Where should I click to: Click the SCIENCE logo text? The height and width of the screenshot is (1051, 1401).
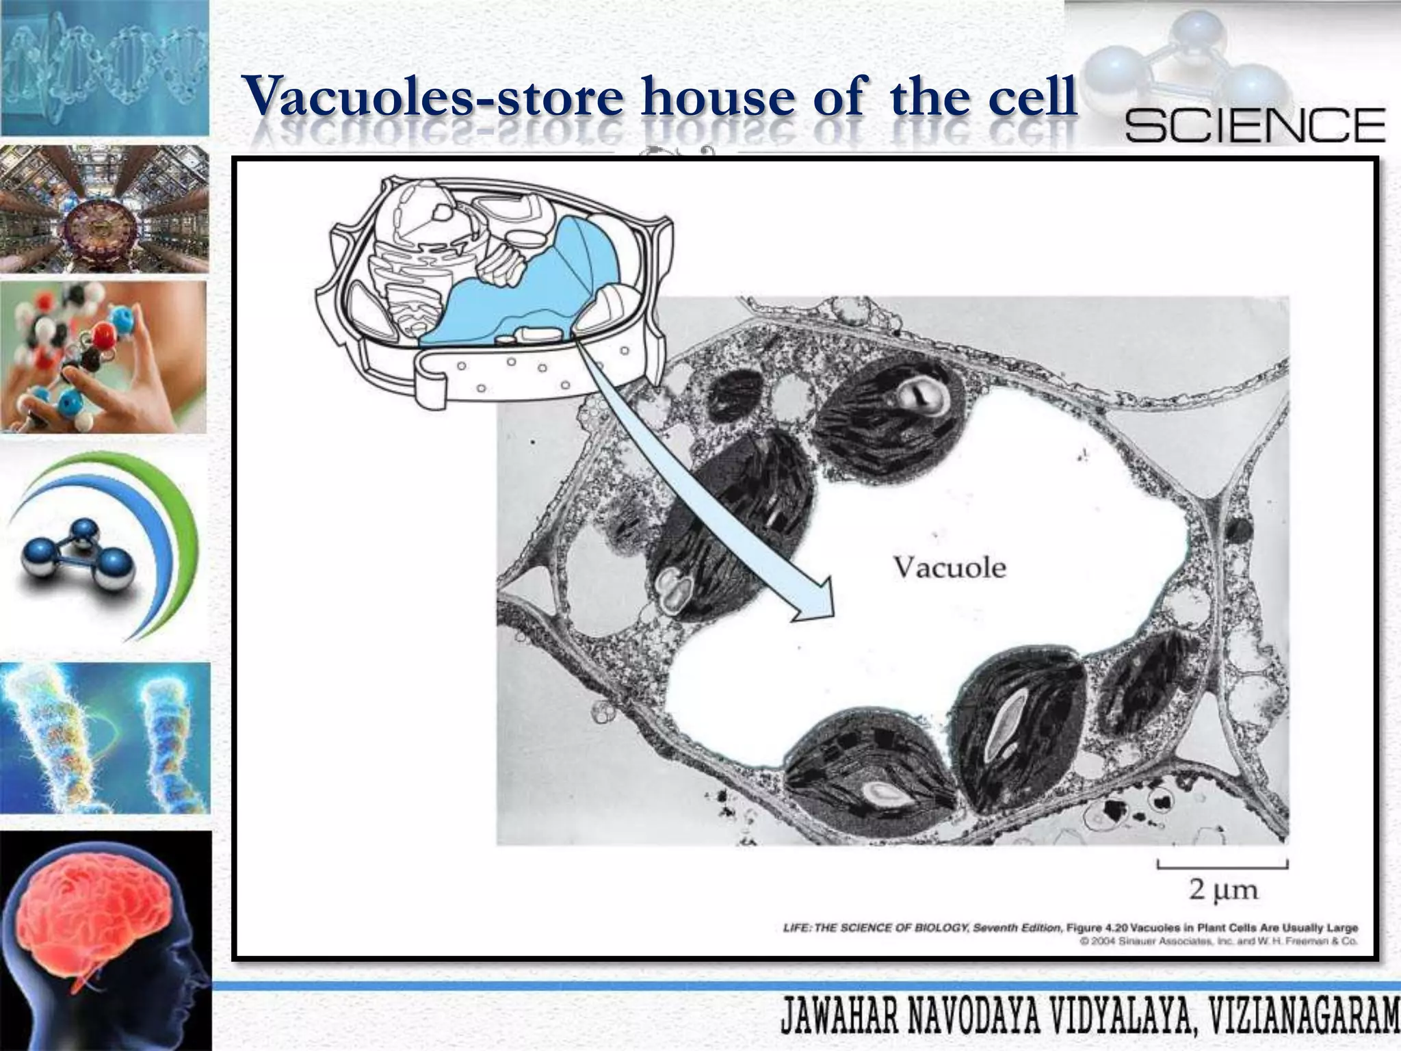pyautogui.click(x=1255, y=125)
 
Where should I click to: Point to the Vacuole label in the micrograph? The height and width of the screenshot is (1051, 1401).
pyautogui.click(x=950, y=567)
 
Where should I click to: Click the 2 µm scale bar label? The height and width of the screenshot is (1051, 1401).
pyautogui.click(x=1223, y=890)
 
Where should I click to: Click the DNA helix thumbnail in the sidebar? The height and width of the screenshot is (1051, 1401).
pyautogui.click(x=104, y=68)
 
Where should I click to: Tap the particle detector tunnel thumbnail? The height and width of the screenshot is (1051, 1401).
pyautogui.click(x=104, y=209)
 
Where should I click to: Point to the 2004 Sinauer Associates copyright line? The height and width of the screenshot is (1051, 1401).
pyautogui.click(x=1218, y=942)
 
